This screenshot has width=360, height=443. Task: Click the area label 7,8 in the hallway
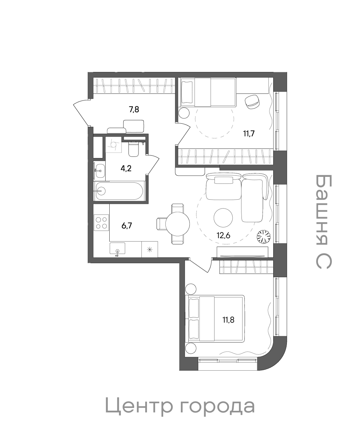pos(134,109)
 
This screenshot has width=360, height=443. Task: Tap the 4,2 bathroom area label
pos(126,168)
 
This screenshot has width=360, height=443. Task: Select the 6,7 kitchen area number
pos(127,226)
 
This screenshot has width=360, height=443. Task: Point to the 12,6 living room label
pos(223,236)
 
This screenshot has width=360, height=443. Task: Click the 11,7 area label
pos(249,133)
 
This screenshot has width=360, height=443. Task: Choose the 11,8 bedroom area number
pos(229,320)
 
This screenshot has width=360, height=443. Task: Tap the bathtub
pos(119,191)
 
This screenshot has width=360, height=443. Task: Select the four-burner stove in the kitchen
pos(101,223)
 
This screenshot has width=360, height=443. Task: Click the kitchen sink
pos(117,249)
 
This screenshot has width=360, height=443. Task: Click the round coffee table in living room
pos(223,217)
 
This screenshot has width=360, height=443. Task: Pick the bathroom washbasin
pos(99,171)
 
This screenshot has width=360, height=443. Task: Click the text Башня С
pos(323,221)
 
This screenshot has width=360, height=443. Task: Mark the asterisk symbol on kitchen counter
pos(150,250)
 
